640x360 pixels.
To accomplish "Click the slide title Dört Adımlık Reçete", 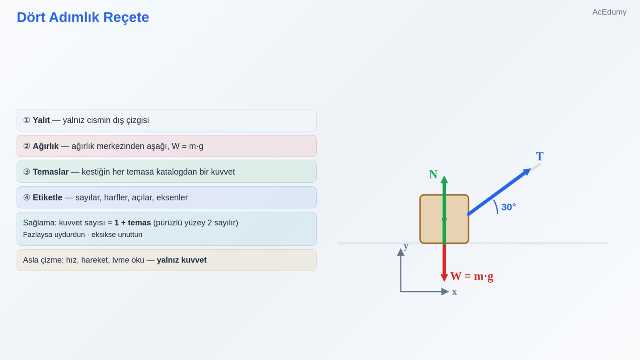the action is click(83, 18).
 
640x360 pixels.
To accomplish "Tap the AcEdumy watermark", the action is click(609, 12).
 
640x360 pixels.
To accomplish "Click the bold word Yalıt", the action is click(41, 120).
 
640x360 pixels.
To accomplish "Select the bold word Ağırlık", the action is click(46, 146).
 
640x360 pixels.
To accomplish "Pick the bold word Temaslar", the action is click(50, 172).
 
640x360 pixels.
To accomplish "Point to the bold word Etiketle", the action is click(48, 198).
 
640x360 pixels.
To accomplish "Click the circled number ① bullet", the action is click(26, 120).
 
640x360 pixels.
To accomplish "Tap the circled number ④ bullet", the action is click(26, 198).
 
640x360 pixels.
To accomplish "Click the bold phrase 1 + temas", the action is click(132, 222).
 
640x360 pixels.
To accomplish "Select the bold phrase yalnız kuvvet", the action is click(182, 260).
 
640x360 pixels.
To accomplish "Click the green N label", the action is click(433, 174).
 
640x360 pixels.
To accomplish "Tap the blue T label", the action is click(540, 156).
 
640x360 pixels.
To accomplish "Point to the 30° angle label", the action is click(508, 207).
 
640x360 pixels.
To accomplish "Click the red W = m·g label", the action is click(472, 276).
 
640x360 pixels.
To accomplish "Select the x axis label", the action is click(454, 292).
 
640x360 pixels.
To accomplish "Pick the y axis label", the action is click(406, 246).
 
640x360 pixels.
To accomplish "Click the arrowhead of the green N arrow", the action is click(444, 180).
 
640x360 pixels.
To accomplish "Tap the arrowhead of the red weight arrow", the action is click(444, 278).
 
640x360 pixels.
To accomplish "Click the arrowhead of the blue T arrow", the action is click(527, 172).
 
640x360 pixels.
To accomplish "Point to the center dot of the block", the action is click(444, 219).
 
